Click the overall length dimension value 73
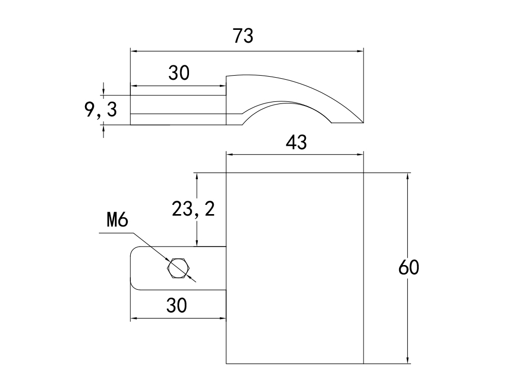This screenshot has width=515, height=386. [243, 36]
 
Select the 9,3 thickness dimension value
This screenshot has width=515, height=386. [101, 110]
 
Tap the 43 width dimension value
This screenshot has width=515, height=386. [296, 142]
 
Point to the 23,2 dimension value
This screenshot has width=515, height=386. [193, 209]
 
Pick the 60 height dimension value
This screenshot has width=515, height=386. [409, 268]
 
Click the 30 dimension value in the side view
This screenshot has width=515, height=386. [179, 74]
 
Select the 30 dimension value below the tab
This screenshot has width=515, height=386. [176, 306]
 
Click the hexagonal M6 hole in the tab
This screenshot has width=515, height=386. [178, 268]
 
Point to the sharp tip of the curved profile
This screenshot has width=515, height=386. [363, 122]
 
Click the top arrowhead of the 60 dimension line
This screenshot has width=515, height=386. [408, 176]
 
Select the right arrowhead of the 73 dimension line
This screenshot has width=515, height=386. [360, 51]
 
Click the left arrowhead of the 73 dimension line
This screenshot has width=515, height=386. [133, 51]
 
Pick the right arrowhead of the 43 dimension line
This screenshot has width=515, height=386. [360, 153]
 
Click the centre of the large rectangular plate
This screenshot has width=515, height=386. [295, 268]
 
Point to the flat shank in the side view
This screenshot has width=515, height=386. [178, 110]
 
